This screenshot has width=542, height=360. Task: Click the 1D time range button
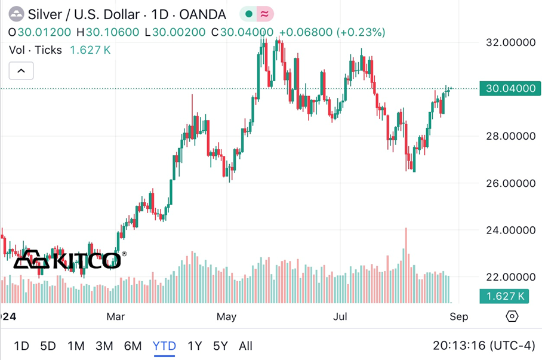[x=21, y=346]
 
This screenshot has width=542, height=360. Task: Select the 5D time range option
[x=48, y=346]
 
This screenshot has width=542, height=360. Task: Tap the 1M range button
[x=76, y=346]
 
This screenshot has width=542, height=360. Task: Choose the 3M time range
[x=104, y=346]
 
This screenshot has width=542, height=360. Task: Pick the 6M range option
[x=133, y=346]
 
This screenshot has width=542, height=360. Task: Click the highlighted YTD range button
[x=164, y=346]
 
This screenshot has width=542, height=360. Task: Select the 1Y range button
[x=195, y=346]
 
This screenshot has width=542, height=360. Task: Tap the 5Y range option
[x=220, y=346]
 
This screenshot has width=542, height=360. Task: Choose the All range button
[x=245, y=346]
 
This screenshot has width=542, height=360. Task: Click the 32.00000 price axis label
[x=510, y=42]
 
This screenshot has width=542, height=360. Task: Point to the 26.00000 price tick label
[x=510, y=183]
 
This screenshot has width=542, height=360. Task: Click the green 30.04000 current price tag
[x=510, y=89]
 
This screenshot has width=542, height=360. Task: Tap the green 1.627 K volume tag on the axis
[x=505, y=296]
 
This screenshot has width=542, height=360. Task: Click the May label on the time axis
[x=226, y=316]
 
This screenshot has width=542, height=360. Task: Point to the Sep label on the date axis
[x=458, y=316]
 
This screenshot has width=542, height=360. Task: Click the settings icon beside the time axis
[x=512, y=316]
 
